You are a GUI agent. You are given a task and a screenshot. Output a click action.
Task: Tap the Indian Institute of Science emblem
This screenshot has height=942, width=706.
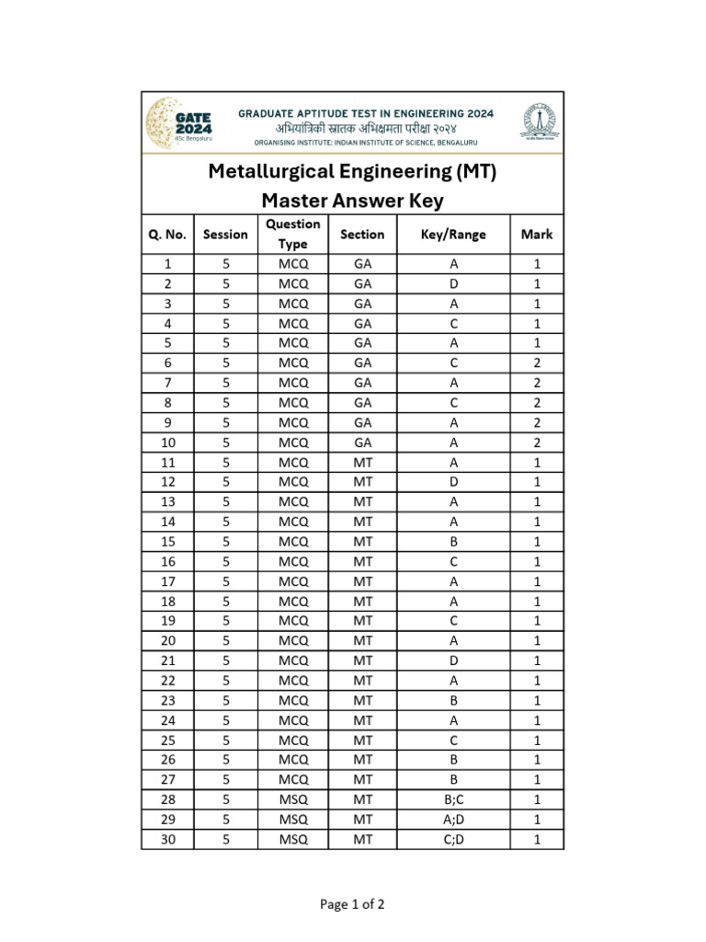(x=538, y=122)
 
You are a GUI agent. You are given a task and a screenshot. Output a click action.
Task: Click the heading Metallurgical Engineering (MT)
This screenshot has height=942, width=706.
(x=352, y=171)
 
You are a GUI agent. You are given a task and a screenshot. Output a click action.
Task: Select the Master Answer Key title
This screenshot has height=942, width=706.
(x=352, y=201)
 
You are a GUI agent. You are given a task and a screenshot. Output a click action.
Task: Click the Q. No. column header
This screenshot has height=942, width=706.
(x=167, y=235)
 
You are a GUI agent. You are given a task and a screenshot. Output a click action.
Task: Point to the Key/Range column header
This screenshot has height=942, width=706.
(x=453, y=235)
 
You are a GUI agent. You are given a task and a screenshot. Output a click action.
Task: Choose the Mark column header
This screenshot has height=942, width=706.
(x=537, y=235)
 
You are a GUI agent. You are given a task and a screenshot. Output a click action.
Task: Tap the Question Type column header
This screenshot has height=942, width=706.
(x=293, y=235)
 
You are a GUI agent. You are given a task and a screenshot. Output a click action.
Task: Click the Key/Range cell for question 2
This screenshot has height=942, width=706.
(x=453, y=284)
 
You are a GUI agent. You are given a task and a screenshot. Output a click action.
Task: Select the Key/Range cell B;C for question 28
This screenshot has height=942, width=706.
(x=453, y=799)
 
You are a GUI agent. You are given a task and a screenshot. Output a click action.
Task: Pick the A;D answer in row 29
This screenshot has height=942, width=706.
(x=453, y=819)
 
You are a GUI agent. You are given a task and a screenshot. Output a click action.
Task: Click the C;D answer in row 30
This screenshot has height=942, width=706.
(x=453, y=839)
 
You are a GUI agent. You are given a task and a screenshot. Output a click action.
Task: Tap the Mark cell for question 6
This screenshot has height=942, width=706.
(x=537, y=363)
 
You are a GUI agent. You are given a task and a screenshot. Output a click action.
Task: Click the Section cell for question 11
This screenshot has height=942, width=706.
(x=362, y=463)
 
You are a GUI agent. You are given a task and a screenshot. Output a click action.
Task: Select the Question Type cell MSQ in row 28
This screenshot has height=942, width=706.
(x=293, y=799)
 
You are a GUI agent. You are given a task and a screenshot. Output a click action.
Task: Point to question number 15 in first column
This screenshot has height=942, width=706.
(x=167, y=542)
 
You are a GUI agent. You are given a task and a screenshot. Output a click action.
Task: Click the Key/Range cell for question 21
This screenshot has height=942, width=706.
(x=453, y=661)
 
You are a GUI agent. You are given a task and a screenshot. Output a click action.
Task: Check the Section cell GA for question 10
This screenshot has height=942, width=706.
(x=362, y=442)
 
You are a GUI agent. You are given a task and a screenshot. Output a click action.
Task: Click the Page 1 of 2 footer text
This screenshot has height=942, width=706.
(x=352, y=904)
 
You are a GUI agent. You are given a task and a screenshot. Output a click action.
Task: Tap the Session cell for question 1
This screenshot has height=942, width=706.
(x=225, y=264)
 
